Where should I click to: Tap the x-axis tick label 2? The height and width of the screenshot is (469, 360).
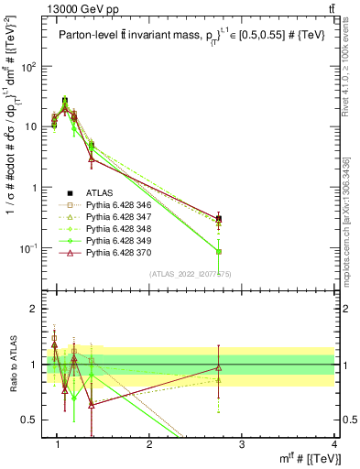pos(149,445)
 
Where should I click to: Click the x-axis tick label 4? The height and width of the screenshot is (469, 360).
pos(333,445)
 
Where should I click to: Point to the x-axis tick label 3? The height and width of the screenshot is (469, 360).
pos(242,445)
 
